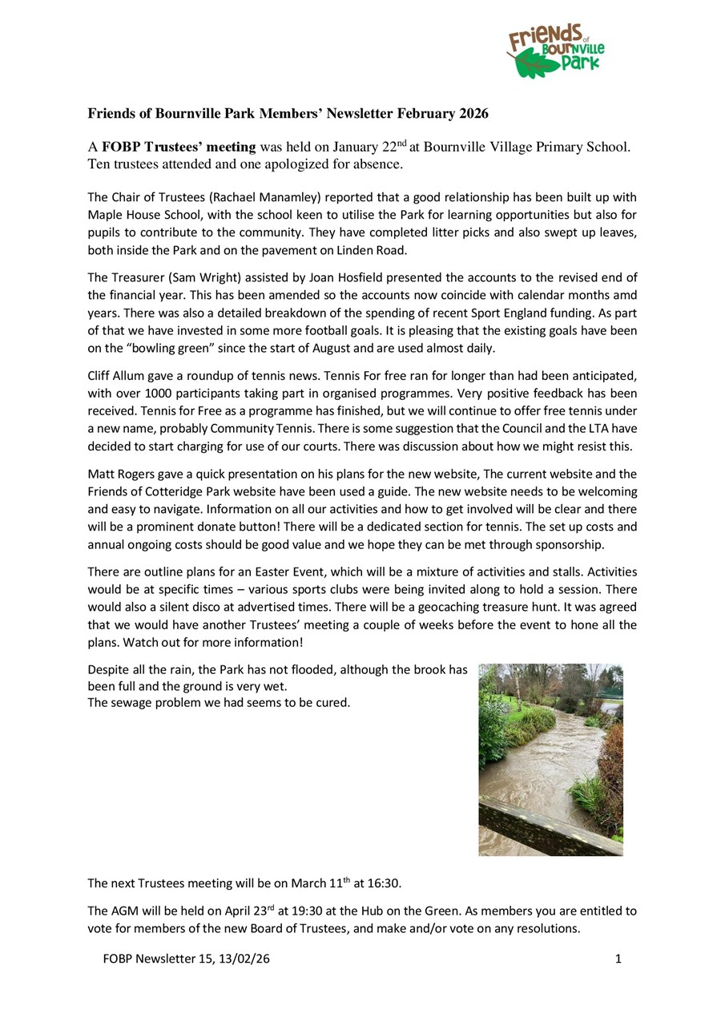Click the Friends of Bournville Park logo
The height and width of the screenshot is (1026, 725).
(555, 50)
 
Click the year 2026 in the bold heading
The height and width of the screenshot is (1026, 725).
(473, 114)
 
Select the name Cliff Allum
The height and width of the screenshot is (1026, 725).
(115, 375)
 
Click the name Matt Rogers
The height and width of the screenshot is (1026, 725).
(119, 474)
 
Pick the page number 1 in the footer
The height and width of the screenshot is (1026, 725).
(618, 959)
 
